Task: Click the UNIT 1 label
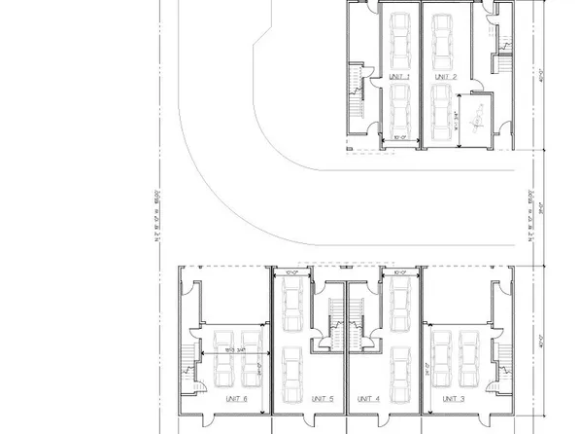398,76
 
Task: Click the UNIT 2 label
445,76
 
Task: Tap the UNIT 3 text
453,398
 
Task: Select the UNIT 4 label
367,398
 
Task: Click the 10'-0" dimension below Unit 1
393,138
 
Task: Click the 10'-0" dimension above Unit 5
292,274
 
